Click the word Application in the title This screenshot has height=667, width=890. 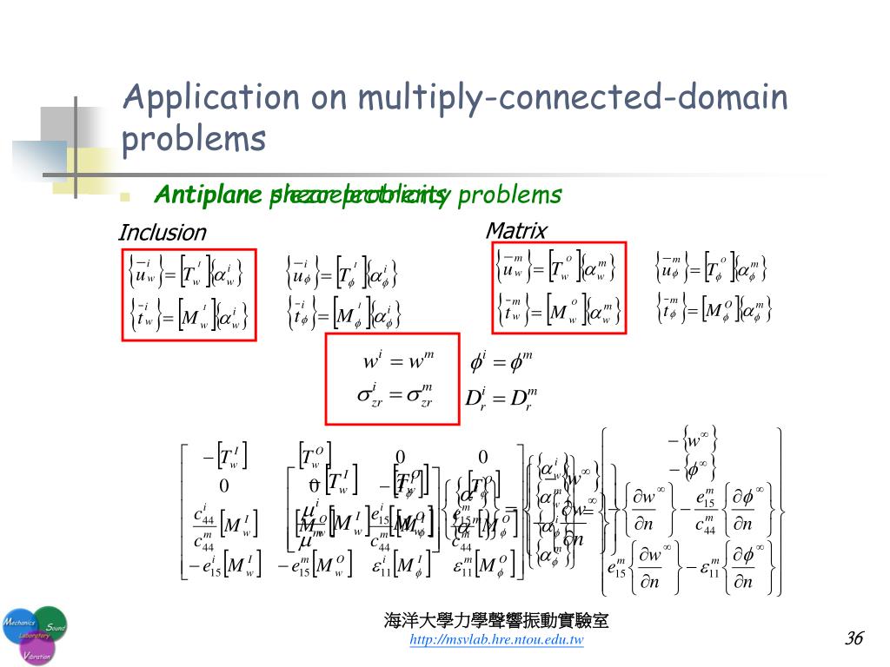(x=208, y=98)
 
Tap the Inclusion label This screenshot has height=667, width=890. (x=162, y=233)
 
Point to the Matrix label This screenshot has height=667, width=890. (x=516, y=230)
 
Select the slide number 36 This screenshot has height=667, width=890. (x=853, y=638)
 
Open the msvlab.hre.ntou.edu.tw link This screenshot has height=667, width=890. (x=496, y=640)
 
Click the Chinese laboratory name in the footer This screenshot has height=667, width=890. (x=496, y=621)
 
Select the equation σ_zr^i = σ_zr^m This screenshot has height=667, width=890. (x=396, y=396)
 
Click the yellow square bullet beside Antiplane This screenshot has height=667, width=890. (x=124, y=196)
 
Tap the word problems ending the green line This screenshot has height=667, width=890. (x=510, y=195)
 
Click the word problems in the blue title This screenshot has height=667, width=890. (x=194, y=139)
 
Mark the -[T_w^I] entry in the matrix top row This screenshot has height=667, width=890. (x=224, y=456)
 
